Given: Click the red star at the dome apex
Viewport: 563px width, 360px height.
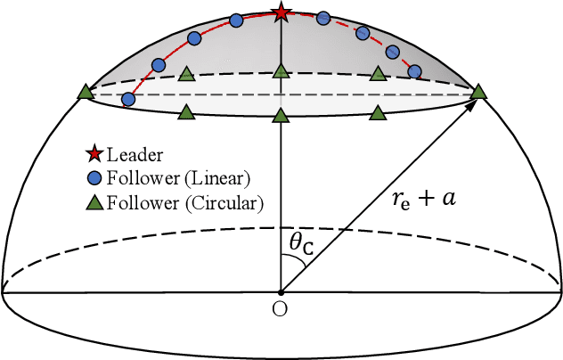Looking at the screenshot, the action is coord(281,12).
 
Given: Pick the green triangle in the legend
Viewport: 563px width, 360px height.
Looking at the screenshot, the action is coord(95,202).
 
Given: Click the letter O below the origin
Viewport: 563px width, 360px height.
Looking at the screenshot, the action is coord(281,309).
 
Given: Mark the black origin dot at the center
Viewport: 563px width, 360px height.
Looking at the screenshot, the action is coord(281,291).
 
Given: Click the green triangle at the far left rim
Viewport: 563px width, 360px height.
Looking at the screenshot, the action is coord(86,91).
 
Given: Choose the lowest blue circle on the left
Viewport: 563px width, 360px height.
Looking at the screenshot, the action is coord(128,99).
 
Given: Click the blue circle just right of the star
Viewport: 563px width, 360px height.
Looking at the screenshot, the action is coord(323,18).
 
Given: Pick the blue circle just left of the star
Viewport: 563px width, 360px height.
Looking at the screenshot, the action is coord(236,20).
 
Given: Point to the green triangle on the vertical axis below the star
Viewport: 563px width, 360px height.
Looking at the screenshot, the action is coord(281,70).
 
